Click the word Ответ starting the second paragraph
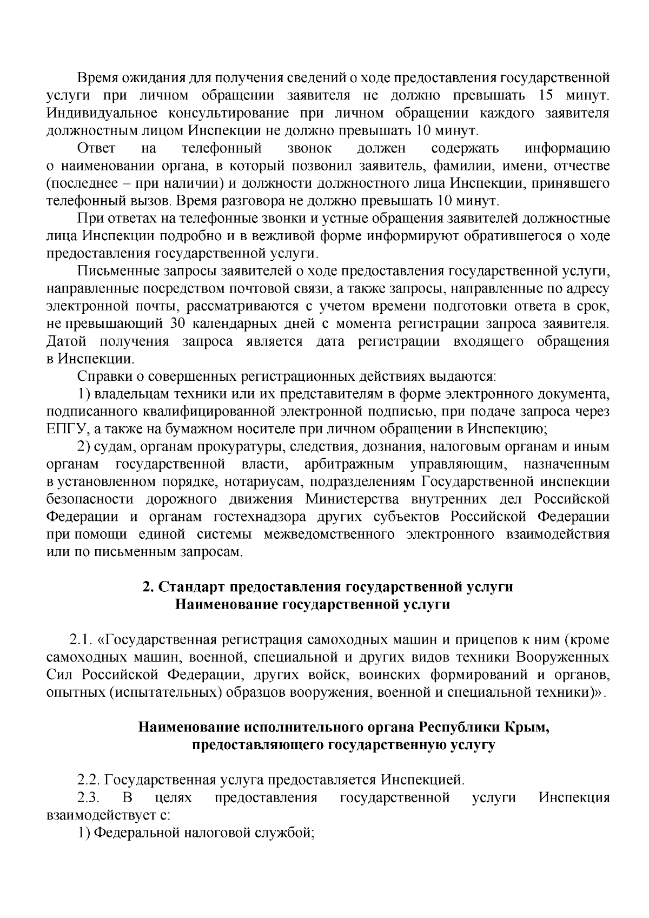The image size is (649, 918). click(97, 148)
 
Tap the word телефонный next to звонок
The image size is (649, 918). click(222, 148)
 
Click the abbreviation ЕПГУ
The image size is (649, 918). click(65, 430)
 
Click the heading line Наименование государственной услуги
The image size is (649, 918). click(312, 605)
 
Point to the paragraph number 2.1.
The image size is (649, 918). click(79, 640)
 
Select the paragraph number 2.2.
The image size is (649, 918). click(88, 781)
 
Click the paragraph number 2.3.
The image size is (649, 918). click(88, 798)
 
